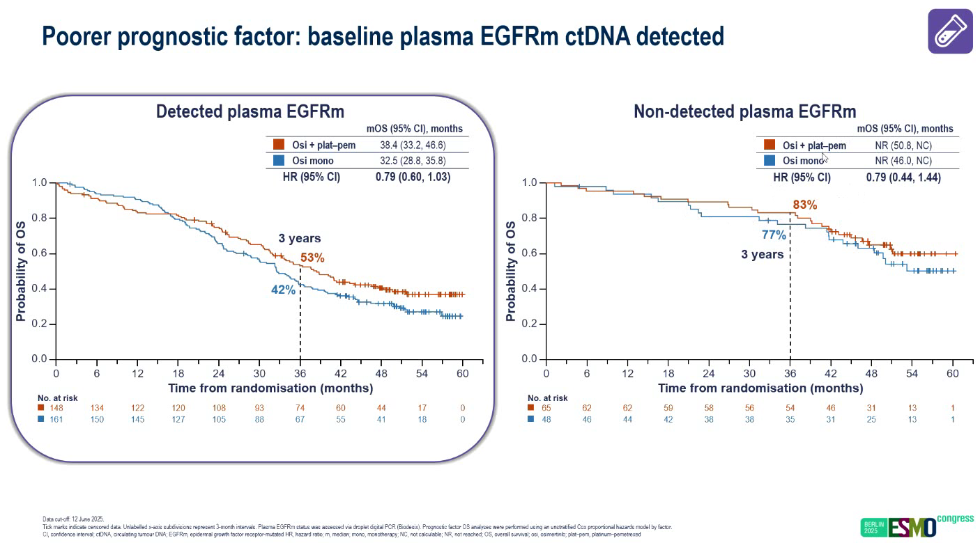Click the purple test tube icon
point(950,31)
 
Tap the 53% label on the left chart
point(312,258)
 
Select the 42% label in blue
point(284,290)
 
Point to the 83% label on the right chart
point(804,205)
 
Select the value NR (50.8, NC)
point(903,145)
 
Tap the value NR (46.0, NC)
point(903,161)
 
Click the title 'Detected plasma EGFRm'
point(250,112)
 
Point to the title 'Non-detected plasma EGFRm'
point(744,112)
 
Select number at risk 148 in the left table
point(56,407)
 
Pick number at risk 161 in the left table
point(56,419)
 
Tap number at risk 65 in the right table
point(546,407)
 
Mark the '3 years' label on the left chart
point(299,238)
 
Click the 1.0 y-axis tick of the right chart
point(530,183)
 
